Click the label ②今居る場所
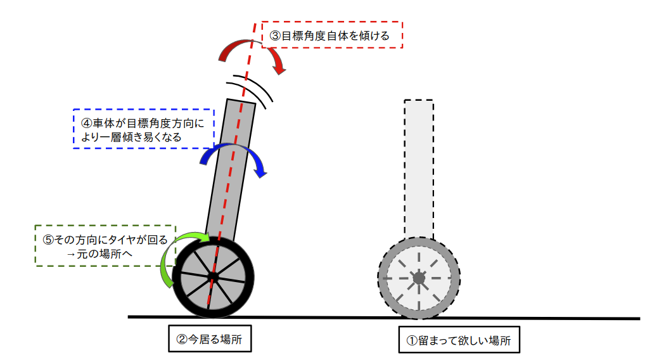pos(210,338)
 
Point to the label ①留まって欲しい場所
pos(459,340)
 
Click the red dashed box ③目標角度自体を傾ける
pos(332,35)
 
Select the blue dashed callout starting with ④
pos(143,129)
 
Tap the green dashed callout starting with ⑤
pos(105,246)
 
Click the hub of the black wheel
pos(213,277)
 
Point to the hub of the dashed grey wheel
pos(419,278)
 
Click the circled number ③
pos(275,35)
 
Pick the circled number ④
pos(87,123)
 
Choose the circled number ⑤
pos(48,240)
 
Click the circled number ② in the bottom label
pos(182,339)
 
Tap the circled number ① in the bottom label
pos(412,340)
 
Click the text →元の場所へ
pos(99,254)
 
